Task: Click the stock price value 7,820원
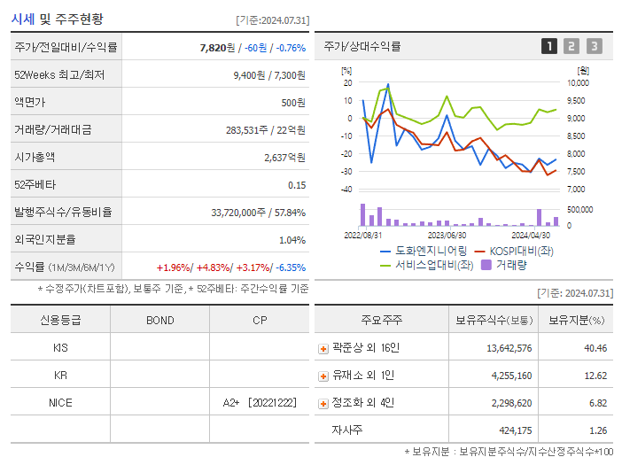[x=217, y=48]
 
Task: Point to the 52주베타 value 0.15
[x=297, y=184]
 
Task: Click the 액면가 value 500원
[x=293, y=103]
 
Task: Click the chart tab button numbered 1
[x=549, y=46]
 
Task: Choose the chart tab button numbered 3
[x=594, y=46]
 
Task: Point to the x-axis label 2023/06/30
[x=447, y=236]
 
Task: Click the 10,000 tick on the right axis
[x=577, y=82]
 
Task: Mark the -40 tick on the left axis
[x=346, y=190]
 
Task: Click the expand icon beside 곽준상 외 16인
[x=323, y=349]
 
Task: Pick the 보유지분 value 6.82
[x=598, y=403]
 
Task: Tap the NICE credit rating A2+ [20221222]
[x=258, y=403]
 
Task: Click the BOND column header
[x=159, y=320]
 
